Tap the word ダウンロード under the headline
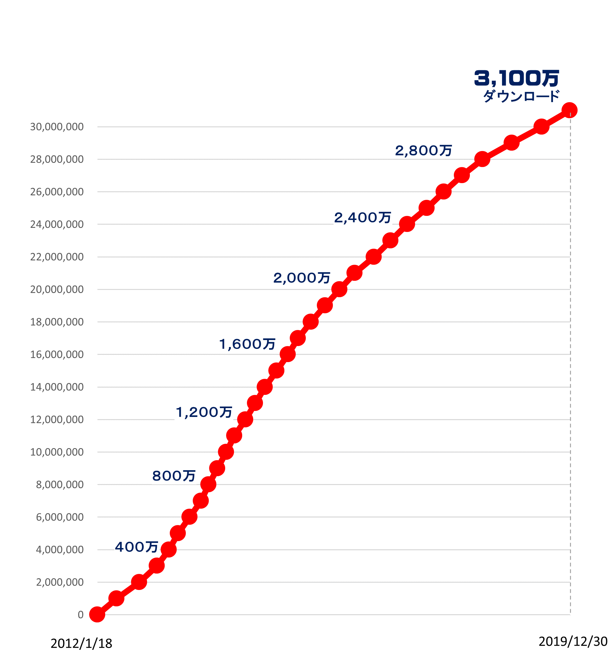(521, 96)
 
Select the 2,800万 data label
(423, 151)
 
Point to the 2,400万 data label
(362, 218)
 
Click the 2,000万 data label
(301, 278)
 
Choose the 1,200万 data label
(203, 412)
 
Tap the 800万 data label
(174, 476)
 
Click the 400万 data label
(136, 547)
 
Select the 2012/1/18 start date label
(81, 644)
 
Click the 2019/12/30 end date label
(573, 641)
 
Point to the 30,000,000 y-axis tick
(57, 127)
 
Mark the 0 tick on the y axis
(81, 615)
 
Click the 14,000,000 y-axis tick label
(57, 387)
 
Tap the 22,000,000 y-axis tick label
(57, 257)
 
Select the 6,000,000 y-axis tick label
(60, 517)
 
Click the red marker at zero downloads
(97, 615)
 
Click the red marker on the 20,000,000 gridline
(339, 290)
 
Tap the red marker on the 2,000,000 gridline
(139, 582)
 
